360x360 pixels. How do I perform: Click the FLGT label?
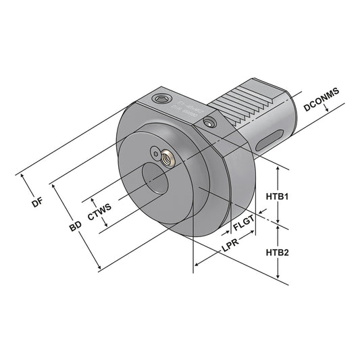[245, 222]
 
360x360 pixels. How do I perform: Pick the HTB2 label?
[277, 253]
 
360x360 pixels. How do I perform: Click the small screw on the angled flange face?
[211, 122]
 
